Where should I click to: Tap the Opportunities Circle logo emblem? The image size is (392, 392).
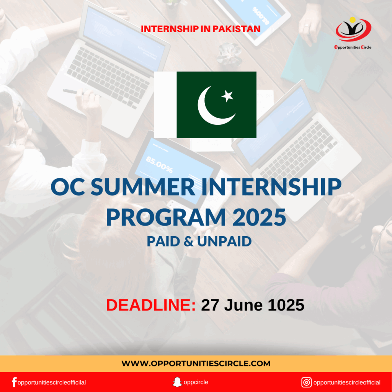click(353, 30)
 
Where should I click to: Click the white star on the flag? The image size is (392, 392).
click(227, 96)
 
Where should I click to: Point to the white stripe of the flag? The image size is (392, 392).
click(165, 105)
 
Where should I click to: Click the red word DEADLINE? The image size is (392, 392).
click(151, 305)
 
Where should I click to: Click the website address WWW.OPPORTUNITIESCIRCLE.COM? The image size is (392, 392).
click(196, 363)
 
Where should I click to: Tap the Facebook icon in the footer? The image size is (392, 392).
click(14, 382)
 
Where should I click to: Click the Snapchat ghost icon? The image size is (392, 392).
click(177, 382)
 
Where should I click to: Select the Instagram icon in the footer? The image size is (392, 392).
click(306, 382)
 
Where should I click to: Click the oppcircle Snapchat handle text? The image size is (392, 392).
click(196, 382)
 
